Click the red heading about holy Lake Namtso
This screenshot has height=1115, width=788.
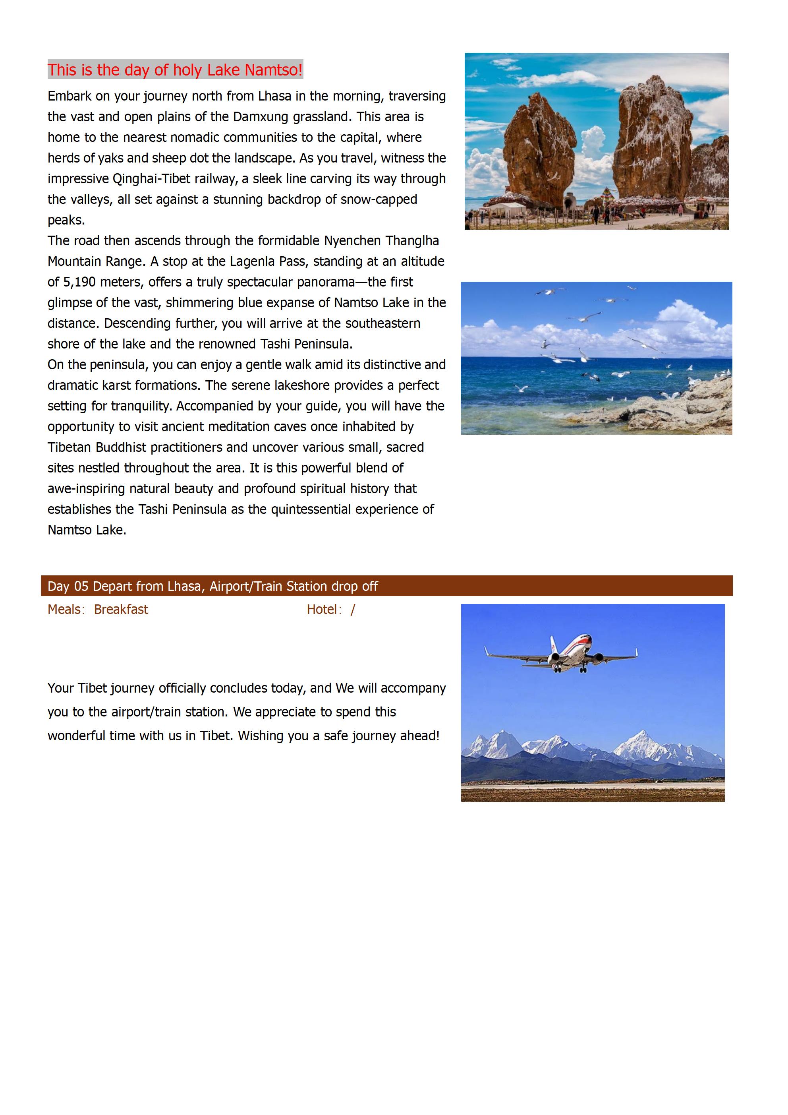click(x=175, y=70)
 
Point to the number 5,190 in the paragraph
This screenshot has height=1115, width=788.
click(x=79, y=282)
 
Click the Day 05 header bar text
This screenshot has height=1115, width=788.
click(x=212, y=586)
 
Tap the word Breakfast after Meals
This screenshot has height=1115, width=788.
click(x=121, y=610)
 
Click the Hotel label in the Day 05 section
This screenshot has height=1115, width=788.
click(x=322, y=610)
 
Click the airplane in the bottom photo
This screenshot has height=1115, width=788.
click(x=563, y=653)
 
